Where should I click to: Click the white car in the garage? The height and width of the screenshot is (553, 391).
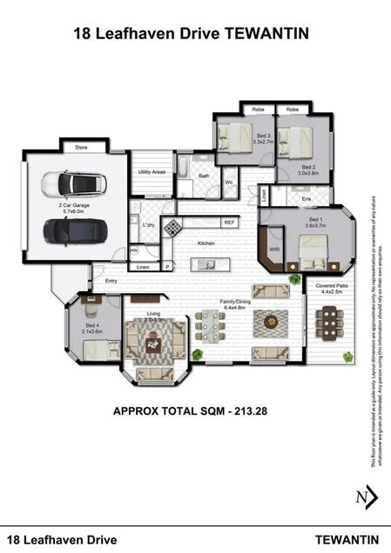point(70,183)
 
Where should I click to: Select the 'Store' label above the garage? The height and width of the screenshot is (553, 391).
point(81,149)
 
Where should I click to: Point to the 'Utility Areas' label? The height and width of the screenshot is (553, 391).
point(152,172)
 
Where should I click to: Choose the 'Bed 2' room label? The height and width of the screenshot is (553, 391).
point(307,168)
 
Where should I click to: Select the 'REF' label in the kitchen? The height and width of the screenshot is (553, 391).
point(230,223)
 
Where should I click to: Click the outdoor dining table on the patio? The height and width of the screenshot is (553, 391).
point(333,328)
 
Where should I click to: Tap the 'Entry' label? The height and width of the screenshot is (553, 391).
point(111,281)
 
